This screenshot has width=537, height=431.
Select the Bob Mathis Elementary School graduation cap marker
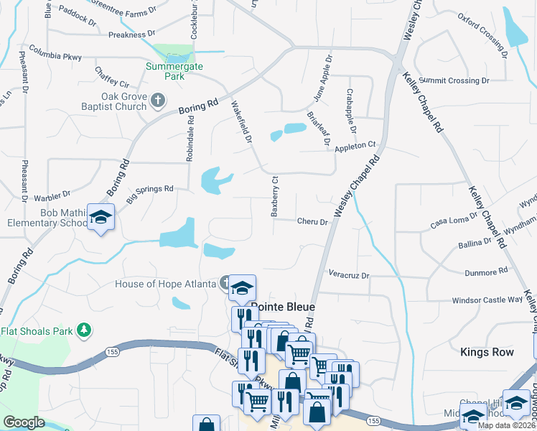coord(101,216)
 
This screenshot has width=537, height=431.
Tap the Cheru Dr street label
coord(312,222)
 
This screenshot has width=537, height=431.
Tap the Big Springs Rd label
coord(150,192)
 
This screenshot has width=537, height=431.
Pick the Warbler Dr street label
coord(51,194)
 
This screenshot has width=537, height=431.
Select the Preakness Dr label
coord(132,34)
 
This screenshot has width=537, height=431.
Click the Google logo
coord(24,422)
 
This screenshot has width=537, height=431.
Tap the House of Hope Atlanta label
coord(166,284)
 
